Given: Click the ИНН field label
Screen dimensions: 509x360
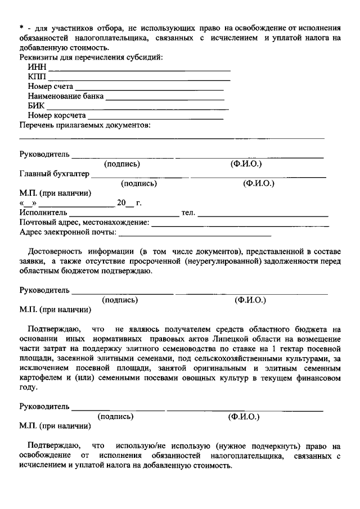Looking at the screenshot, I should (x=37, y=68).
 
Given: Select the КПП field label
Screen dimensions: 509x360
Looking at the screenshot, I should (x=38, y=77).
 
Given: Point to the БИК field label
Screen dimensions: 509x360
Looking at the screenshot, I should (x=36, y=106).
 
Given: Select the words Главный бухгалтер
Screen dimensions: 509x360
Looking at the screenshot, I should (x=55, y=174).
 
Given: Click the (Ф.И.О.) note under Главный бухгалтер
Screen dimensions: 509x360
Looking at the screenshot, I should (x=258, y=183).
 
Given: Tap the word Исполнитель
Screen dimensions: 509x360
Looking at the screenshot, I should (x=43, y=213).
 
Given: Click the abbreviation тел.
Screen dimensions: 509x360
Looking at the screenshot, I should (x=188, y=213).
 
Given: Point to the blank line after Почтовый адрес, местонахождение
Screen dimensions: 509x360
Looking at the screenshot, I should (x=240, y=222).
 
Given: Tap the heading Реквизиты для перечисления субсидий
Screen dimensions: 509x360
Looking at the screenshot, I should (x=92, y=58).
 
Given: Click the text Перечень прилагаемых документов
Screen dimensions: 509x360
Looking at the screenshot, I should (x=85, y=125).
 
